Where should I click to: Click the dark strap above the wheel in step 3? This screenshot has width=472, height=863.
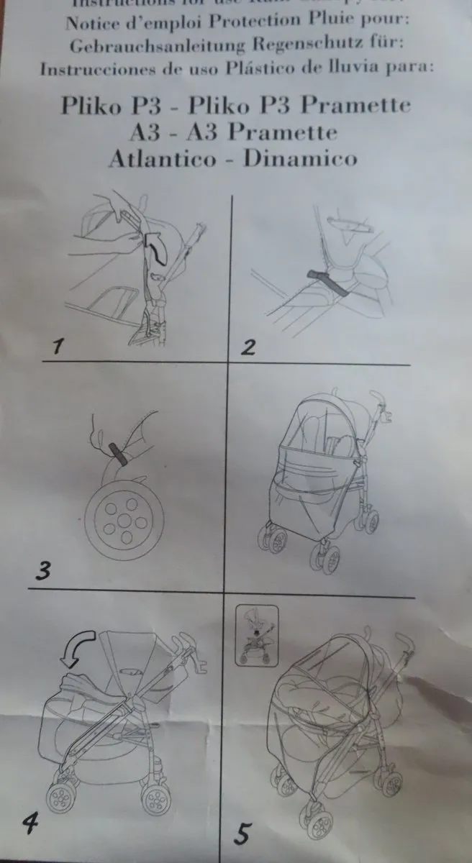(117, 454)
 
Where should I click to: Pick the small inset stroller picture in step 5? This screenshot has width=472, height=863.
(257, 632)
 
